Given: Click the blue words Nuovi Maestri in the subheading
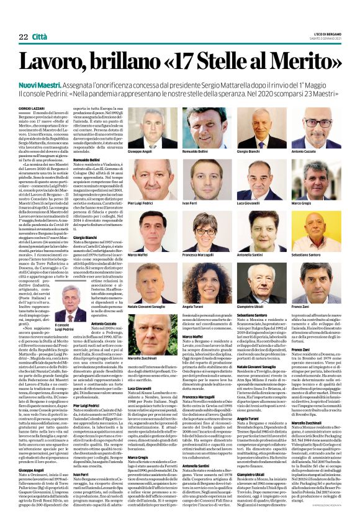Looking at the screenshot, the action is click(x=55, y=84).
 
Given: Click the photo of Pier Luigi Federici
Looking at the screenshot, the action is click(x=145, y=181).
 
